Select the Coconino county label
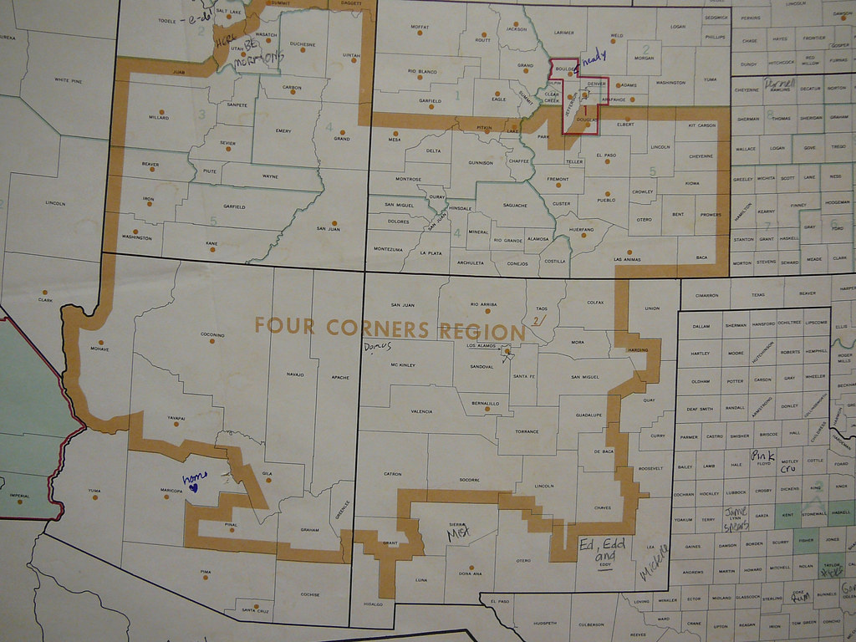(212, 334)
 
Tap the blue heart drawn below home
(192, 487)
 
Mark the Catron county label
(393, 473)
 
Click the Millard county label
(159, 118)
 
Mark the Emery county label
(283, 130)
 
